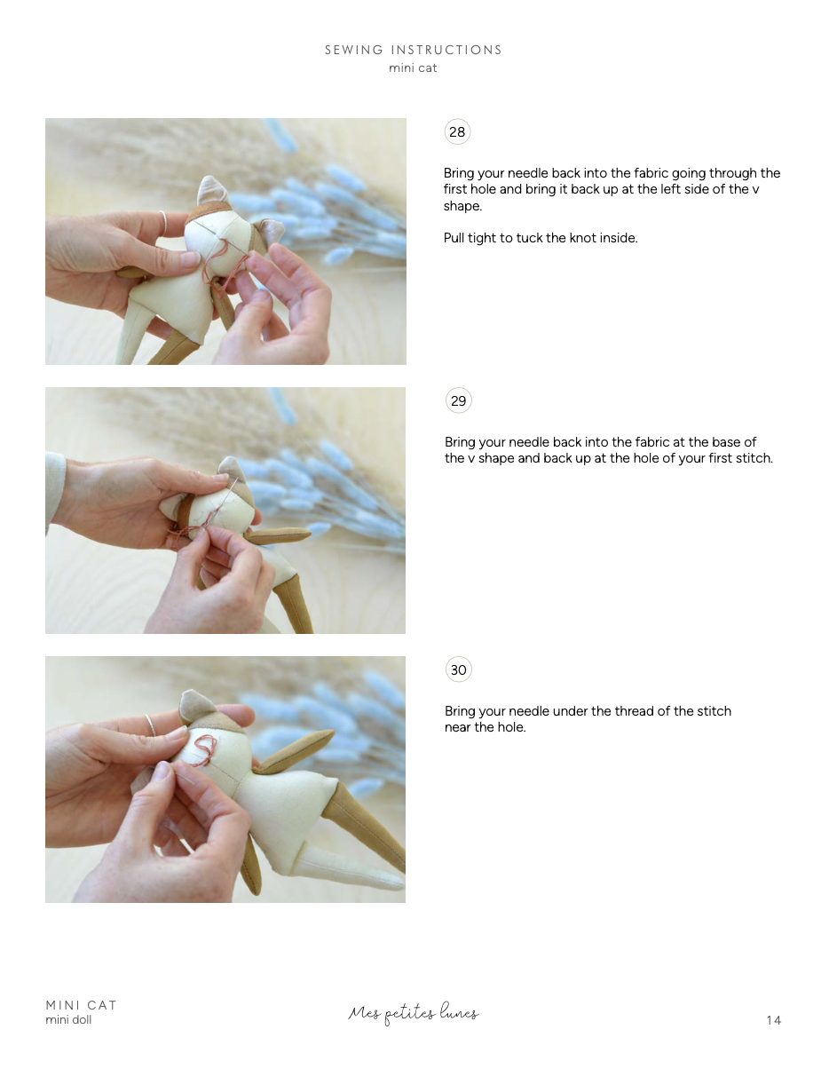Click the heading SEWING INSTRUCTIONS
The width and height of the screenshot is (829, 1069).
(x=414, y=50)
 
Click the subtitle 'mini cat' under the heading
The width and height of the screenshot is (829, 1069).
(x=413, y=68)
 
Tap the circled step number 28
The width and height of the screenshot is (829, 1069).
(x=457, y=132)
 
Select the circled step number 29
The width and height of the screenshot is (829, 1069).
(x=458, y=401)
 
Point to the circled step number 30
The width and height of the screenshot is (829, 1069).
(x=458, y=670)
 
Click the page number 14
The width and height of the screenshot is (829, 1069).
(x=773, y=1020)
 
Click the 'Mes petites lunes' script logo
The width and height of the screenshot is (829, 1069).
(x=413, y=1013)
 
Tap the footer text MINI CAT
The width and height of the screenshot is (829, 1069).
(x=81, y=1005)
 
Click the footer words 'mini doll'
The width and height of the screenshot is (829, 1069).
(x=68, y=1019)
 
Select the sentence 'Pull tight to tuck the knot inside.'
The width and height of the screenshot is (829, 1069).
(x=541, y=238)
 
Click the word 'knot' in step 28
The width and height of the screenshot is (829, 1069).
(x=580, y=238)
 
